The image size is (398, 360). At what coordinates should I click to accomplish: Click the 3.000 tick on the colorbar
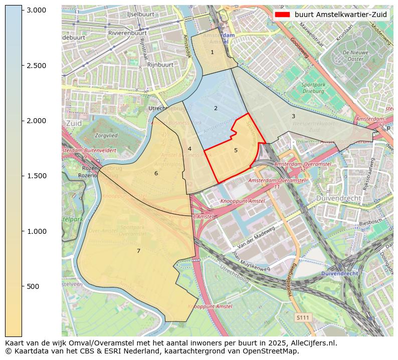coord(36,10)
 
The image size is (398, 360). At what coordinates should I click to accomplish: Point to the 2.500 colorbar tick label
coord(36,66)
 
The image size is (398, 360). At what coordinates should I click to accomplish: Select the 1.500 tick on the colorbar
coord(36,176)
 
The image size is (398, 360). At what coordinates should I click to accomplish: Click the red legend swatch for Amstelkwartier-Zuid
coord(283,15)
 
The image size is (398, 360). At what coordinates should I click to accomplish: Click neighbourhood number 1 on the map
coord(212,52)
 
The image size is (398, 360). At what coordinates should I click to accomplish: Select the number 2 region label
coord(216,108)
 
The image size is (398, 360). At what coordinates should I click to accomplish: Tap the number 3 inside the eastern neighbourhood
coord(293,116)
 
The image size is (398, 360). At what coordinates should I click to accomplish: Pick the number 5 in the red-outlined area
coord(236,150)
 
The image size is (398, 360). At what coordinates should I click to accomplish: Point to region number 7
coord(139,251)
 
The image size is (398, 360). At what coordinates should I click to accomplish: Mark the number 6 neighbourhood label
coord(156,173)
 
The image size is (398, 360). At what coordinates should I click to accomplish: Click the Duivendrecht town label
coord(338,198)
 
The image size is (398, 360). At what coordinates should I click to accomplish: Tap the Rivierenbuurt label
coord(127,33)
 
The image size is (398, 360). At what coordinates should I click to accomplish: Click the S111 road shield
coord(302,317)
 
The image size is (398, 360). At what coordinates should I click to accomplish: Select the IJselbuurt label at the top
coord(140,15)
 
